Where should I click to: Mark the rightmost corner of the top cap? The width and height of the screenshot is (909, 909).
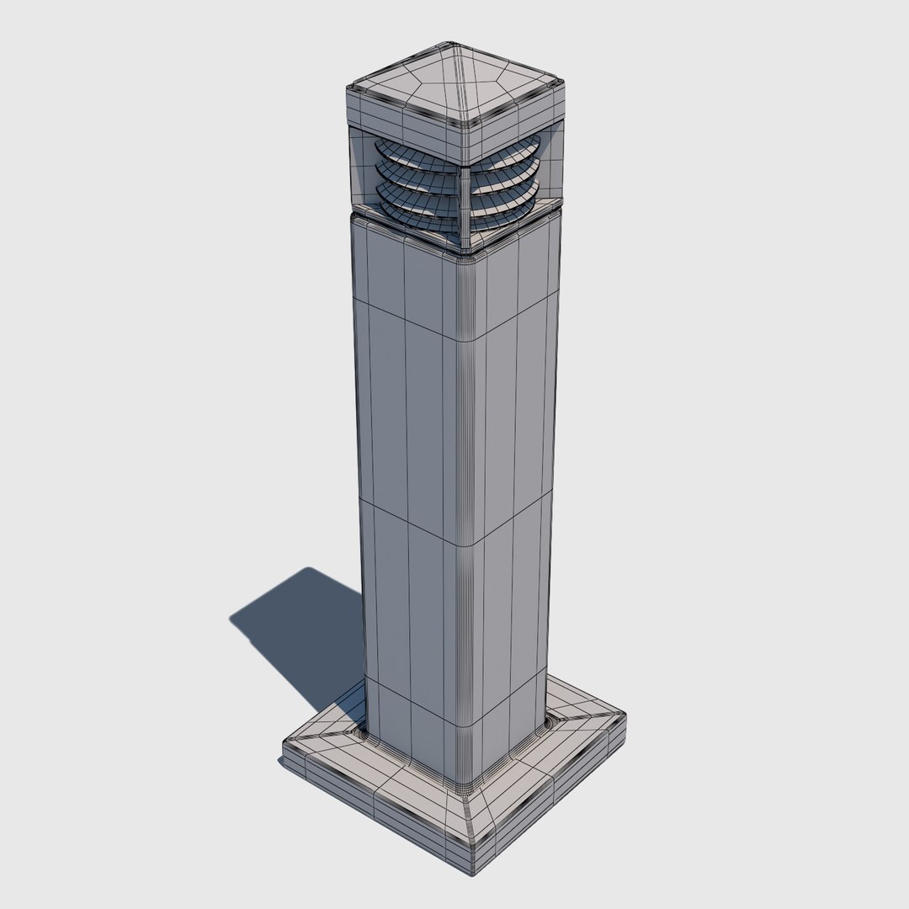pyautogui.click(x=561, y=81)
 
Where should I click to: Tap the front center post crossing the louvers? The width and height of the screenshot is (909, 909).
pyautogui.click(x=464, y=202)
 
